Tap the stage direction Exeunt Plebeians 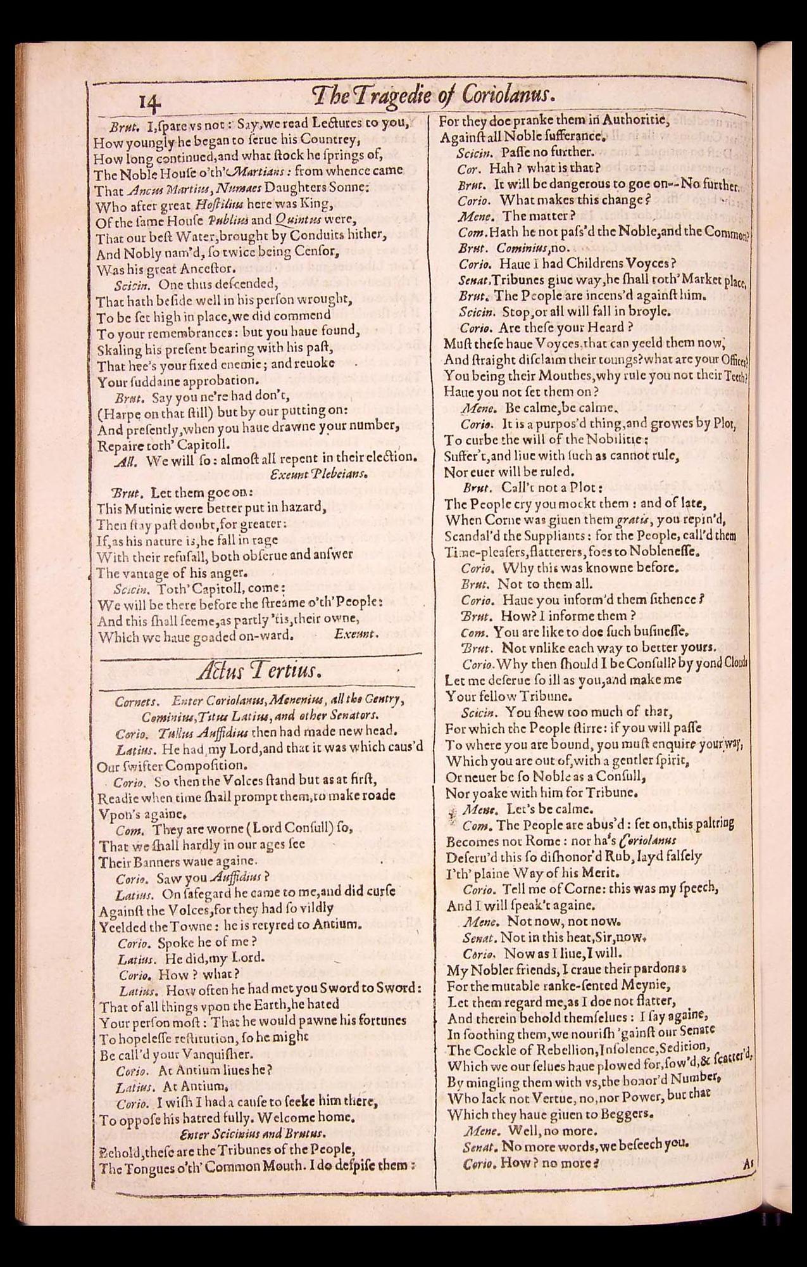click(x=318, y=473)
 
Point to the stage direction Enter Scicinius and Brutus click(x=253, y=1133)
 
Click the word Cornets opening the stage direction click(x=136, y=701)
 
